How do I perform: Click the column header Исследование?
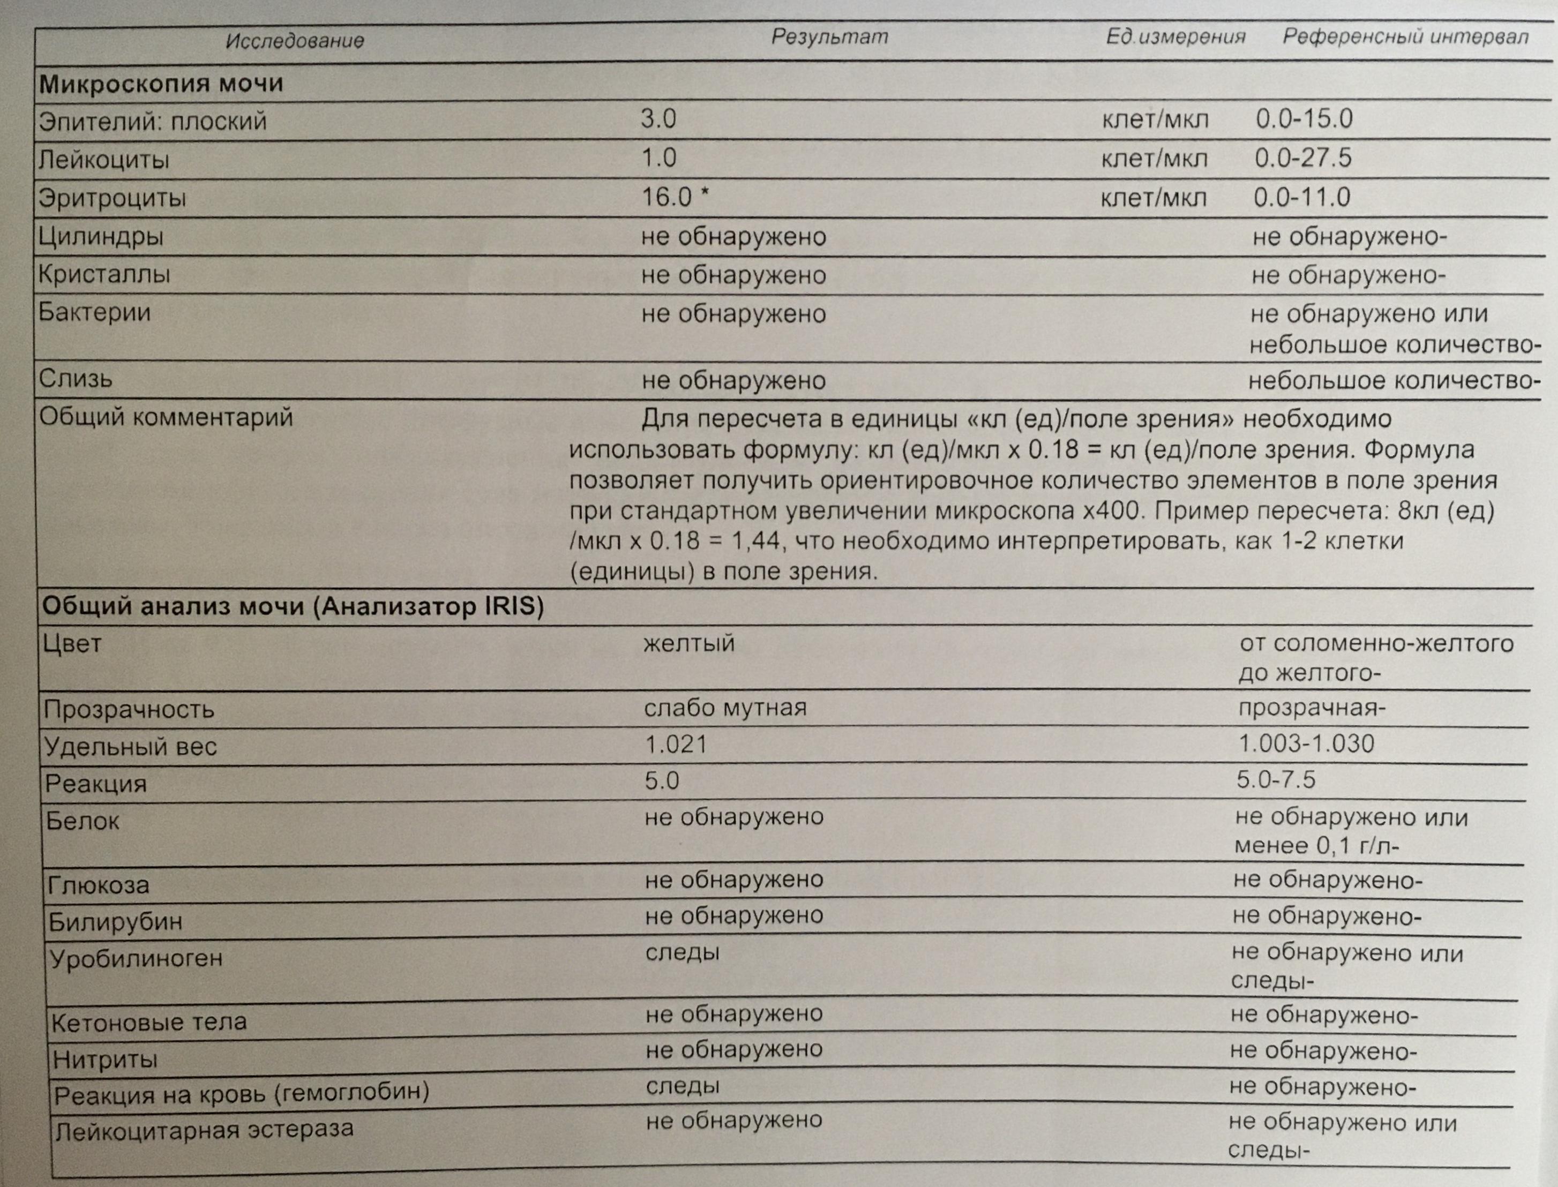point(295,40)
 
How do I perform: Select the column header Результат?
point(829,37)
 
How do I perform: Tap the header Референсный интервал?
point(1405,37)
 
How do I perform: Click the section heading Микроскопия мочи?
point(161,84)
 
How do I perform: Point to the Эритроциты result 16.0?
point(667,197)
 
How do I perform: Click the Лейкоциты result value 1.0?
point(658,157)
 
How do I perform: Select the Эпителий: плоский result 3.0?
point(658,119)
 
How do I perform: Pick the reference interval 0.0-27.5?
point(1303,157)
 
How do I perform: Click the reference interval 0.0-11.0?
point(1301,197)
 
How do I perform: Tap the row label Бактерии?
point(95,312)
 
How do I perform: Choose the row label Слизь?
point(76,379)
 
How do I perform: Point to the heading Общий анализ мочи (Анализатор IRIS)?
point(293,606)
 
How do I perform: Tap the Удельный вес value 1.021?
point(676,744)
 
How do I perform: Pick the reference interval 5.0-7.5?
point(1275,779)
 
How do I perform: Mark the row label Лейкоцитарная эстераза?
point(204,1129)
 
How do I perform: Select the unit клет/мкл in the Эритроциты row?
point(1154,198)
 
